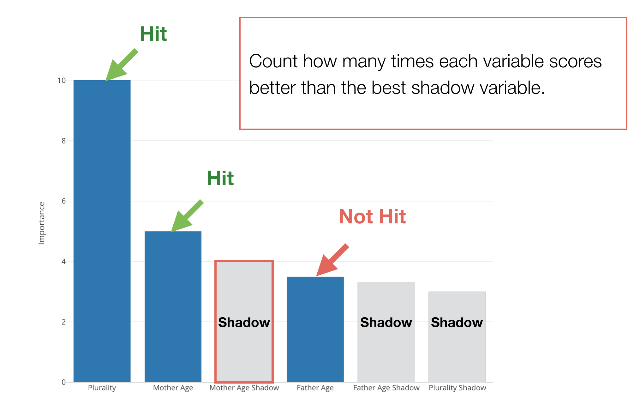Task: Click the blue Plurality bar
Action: (x=102, y=231)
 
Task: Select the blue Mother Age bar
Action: (x=173, y=306)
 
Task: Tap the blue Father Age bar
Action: (x=315, y=329)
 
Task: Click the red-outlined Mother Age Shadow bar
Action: (x=244, y=322)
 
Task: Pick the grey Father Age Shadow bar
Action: (x=386, y=332)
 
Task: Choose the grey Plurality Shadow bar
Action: (x=457, y=336)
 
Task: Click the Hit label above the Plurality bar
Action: (x=153, y=34)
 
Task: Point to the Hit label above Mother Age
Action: (x=220, y=178)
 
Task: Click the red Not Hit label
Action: (x=372, y=216)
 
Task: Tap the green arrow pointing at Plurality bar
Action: (x=122, y=65)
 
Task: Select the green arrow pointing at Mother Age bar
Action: (x=187, y=216)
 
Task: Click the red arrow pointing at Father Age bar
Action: (x=332, y=260)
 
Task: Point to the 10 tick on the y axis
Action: (x=62, y=80)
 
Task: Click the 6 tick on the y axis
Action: (x=64, y=201)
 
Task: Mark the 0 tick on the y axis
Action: (x=64, y=382)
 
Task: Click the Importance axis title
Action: (x=42, y=223)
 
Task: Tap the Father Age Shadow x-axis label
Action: (x=386, y=388)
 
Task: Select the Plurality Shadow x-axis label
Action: (x=457, y=388)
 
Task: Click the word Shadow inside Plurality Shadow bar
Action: (x=457, y=322)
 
